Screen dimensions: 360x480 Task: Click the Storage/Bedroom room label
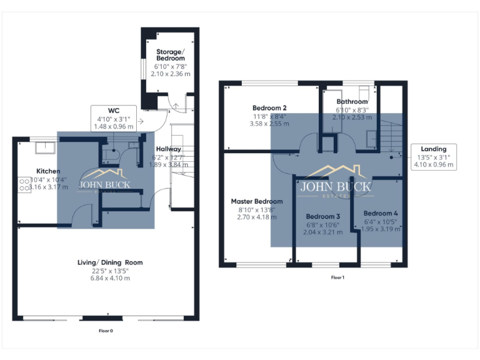[171, 54]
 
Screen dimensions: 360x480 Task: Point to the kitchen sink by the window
[45, 147]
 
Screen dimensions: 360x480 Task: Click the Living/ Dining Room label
[109, 262]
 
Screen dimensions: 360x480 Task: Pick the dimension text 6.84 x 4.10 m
[109, 278]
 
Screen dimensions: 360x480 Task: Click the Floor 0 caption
[106, 330]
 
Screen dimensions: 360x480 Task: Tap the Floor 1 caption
[337, 277]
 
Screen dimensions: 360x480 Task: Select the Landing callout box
[434, 157]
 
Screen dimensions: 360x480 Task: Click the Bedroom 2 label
[269, 107]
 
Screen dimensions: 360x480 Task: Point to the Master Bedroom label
[256, 201]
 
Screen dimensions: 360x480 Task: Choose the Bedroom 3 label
[322, 216]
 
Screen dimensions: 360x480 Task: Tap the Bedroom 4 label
[381, 212]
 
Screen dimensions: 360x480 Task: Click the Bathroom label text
[352, 101]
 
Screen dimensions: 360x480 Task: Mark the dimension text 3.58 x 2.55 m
[269, 124]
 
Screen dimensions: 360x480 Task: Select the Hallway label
[169, 149]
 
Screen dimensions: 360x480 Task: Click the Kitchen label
[48, 171]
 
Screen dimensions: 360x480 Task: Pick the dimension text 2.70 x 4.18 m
[256, 217]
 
